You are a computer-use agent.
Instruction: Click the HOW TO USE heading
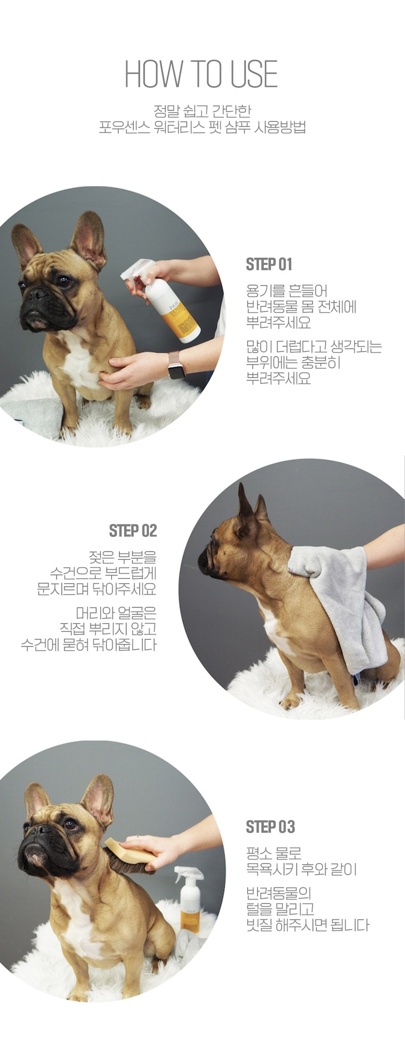pos(201,74)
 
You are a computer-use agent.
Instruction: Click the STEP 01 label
pos(269,264)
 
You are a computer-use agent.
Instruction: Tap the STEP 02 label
pos(133,531)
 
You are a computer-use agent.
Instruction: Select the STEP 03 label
pos(270,827)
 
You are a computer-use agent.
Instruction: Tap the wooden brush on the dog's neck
pos(129,856)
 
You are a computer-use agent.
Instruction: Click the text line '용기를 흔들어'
pos(287,291)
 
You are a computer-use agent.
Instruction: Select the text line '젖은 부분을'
pos(123,557)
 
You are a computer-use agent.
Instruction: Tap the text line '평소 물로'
pos(274,853)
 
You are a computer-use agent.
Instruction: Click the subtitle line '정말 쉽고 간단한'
pos(203,111)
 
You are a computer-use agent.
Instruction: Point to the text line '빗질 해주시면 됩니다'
pos(308,925)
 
